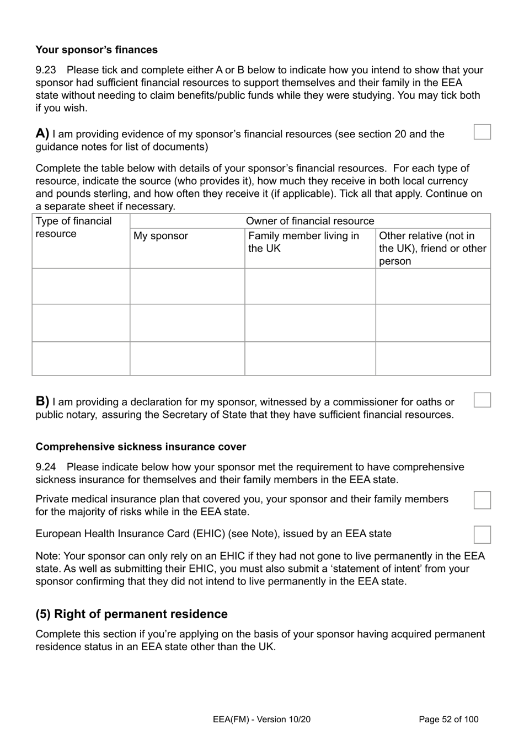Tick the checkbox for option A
(482, 132)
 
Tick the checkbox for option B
(482, 400)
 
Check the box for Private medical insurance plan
(482, 500)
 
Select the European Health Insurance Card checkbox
(482, 534)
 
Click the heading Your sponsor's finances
(97, 50)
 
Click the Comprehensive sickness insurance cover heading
(141, 447)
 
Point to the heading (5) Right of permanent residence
(131, 614)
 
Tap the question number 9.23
(45, 70)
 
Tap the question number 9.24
(45, 467)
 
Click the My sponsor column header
(161, 236)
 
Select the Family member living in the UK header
(303, 242)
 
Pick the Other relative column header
(432, 248)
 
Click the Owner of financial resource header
(309, 221)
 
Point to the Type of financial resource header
(73, 227)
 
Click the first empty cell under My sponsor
(187, 286)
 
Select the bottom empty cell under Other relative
(433, 358)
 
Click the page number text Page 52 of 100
(448, 719)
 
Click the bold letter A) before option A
(42, 133)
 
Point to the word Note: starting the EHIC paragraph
(48, 556)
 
